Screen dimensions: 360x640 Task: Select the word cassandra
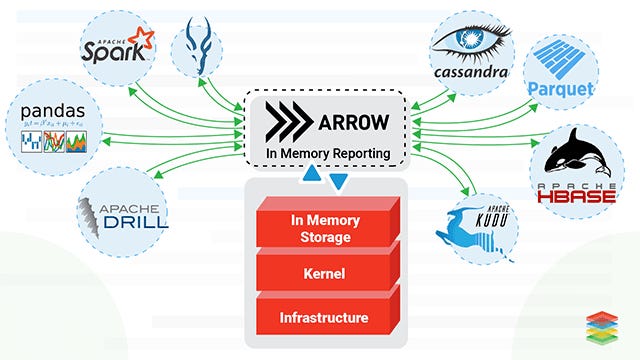(472, 72)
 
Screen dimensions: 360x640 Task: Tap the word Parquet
(561, 89)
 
